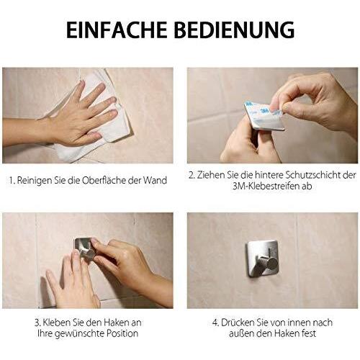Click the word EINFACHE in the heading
[117, 30]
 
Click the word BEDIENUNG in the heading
[234, 30]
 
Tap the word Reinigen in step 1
[34, 181]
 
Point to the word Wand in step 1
[155, 180]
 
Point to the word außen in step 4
[241, 333]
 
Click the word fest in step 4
[309, 333]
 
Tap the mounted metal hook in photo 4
[263, 259]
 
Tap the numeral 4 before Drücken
[215, 323]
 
